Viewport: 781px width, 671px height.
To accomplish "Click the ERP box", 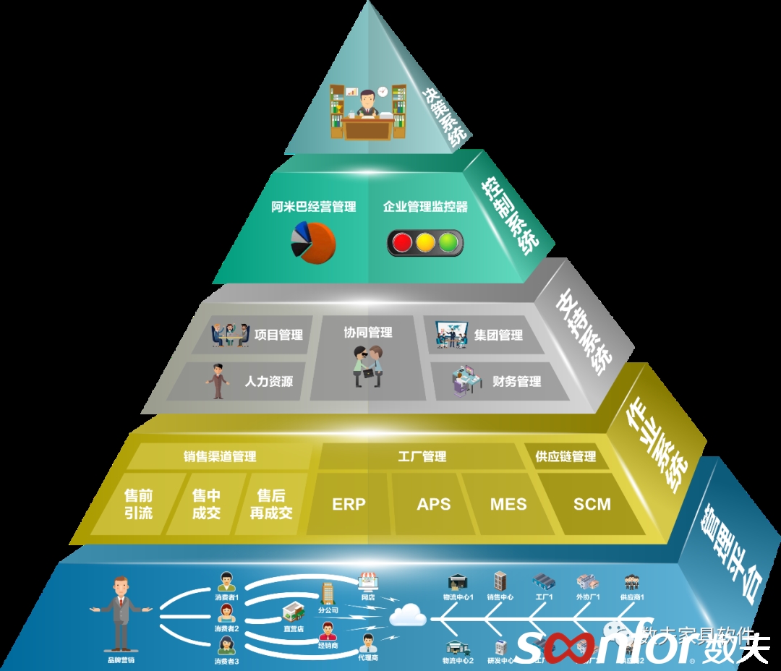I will (349, 504).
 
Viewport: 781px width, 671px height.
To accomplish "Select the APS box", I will (434, 504).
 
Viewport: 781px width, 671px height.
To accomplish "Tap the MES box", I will (508, 504).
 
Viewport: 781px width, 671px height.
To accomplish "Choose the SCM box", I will (592, 504).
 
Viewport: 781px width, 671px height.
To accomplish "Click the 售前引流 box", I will (139, 504).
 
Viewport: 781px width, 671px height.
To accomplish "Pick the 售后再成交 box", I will (271, 504).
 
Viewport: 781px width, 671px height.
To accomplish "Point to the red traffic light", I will (402, 242).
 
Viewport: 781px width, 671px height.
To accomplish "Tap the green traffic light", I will (449, 242).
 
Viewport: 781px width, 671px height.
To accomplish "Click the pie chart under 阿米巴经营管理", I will (313, 243).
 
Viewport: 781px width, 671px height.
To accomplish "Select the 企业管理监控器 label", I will (425, 207).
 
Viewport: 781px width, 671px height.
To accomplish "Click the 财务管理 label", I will (516, 381).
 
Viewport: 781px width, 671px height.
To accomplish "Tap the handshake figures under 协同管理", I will (367, 366).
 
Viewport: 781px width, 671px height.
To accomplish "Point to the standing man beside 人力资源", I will (218, 381).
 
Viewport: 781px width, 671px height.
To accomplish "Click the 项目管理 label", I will (278, 335).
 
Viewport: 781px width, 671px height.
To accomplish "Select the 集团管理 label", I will (498, 335).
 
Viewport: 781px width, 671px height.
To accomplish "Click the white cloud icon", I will (408, 615).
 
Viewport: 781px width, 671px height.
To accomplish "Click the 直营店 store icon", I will (293, 613).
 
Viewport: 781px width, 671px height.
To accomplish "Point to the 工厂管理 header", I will (422, 456).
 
